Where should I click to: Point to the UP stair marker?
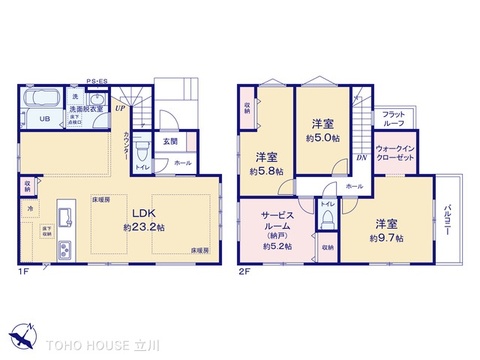tap(119, 108)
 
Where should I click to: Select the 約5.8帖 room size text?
tap(267, 172)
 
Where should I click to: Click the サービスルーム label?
tap(274, 221)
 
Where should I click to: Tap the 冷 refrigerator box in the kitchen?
tap(33, 207)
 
